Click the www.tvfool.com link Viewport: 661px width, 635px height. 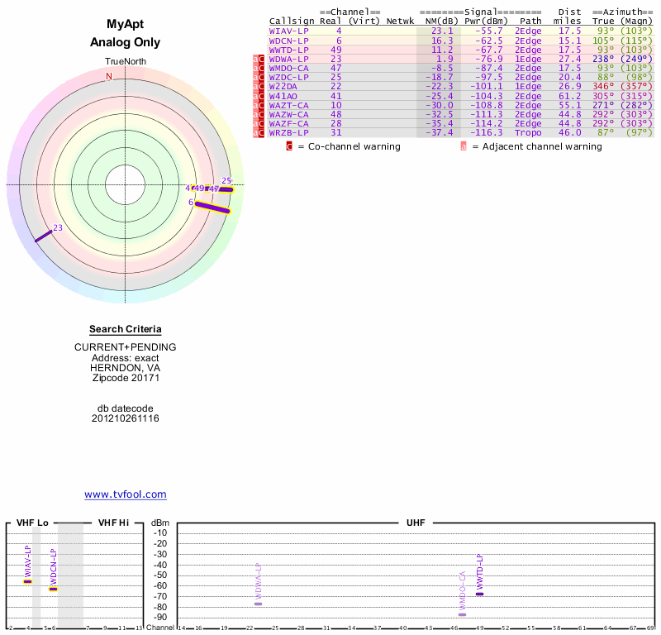click(x=126, y=494)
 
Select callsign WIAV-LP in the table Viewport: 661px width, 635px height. click(x=289, y=31)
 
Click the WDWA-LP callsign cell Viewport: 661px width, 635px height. click(x=289, y=59)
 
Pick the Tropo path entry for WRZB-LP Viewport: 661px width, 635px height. click(x=528, y=132)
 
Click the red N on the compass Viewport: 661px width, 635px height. click(x=108, y=77)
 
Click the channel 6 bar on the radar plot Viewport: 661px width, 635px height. click(x=212, y=208)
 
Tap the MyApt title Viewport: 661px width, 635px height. click(x=126, y=25)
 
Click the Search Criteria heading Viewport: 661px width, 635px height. click(x=126, y=329)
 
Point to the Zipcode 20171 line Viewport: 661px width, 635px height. click(x=126, y=378)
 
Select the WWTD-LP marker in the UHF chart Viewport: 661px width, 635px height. click(x=479, y=594)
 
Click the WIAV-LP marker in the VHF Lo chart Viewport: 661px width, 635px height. click(x=27, y=581)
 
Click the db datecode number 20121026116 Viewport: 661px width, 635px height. click(x=126, y=418)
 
